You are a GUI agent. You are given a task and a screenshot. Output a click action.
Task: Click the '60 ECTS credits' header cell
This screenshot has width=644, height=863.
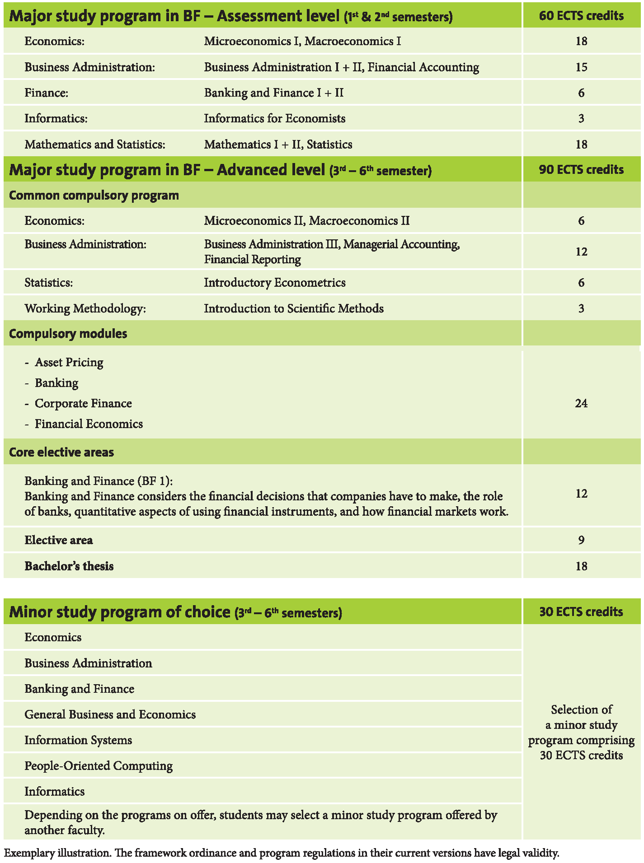pyautogui.click(x=581, y=16)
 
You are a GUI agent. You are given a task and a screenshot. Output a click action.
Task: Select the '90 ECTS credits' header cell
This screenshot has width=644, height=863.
pyautogui.click(x=581, y=170)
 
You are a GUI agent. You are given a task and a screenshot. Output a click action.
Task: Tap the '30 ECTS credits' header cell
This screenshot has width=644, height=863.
pyautogui.click(x=581, y=612)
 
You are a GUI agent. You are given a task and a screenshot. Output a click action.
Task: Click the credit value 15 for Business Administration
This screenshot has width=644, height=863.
pyautogui.click(x=581, y=67)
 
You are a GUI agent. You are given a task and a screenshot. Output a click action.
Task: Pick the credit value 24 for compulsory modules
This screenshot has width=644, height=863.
pyautogui.click(x=581, y=403)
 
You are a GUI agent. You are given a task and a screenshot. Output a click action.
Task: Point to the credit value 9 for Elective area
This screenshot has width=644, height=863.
pyautogui.click(x=581, y=540)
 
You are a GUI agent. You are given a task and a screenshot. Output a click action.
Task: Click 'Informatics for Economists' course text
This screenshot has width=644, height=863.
pyautogui.click(x=274, y=119)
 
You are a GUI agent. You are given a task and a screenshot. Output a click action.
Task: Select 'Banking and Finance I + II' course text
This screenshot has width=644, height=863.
pyautogui.click(x=273, y=93)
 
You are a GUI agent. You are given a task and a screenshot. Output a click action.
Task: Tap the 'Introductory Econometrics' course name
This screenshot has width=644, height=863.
pyautogui.click(x=274, y=283)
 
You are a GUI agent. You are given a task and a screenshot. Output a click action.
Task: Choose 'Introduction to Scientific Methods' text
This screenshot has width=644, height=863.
pyautogui.click(x=294, y=308)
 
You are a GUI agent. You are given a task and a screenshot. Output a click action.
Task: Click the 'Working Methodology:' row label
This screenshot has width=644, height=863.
pyautogui.click(x=85, y=308)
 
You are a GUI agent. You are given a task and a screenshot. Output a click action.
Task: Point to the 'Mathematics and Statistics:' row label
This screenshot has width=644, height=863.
pyautogui.click(x=95, y=145)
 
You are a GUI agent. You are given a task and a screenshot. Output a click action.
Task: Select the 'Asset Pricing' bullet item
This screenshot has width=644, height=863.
pyautogui.click(x=69, y=362)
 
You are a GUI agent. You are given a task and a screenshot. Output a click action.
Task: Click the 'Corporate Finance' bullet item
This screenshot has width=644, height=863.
pyautogui.click(x=83, y=403)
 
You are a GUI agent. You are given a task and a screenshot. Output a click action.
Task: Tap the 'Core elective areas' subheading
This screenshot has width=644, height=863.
pyautogui.click(x=61, y=452)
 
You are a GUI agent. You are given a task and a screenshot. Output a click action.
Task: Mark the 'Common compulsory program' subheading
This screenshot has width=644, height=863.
pyautogui.click(x=94, y=196)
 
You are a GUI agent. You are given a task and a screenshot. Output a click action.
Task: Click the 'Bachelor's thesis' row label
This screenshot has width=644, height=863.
pyautogui.click(x=69, y=566)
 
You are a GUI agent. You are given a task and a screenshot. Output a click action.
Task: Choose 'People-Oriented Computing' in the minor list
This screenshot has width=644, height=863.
pyautogui.click(x=99, y=766)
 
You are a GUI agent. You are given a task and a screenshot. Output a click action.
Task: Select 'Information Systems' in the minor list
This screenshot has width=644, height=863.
pyautogui.click(x=78, y=740)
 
